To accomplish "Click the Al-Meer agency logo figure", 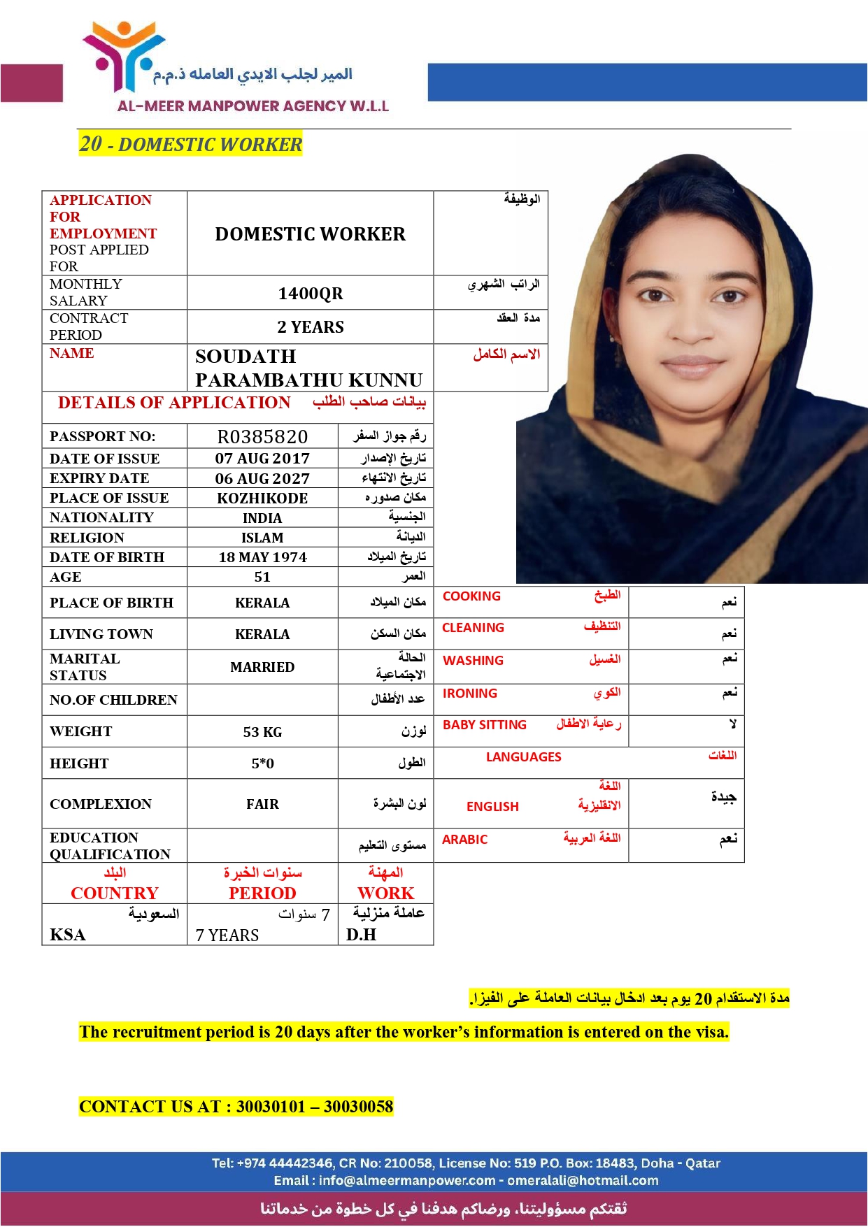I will tap(124, 56).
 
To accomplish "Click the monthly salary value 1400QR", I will tap(311, 294).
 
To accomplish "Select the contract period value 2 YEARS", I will tap(311, 327).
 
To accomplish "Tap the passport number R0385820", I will tap(262, 437).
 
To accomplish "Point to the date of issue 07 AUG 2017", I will tap(262, 459).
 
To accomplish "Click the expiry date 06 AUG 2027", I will tap(262, 479).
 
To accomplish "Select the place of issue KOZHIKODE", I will tap(262, 498).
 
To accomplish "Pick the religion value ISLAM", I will tap(262, 538).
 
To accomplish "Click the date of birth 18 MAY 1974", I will tap(262, 557).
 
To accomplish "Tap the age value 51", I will tap(262, 577).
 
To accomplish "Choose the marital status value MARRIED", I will tap(262, 667).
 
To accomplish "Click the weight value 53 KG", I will tap(262, 732).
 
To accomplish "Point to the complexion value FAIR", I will tap(262, 804).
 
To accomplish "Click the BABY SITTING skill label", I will tap(485, 725).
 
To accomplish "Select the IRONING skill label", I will tap(470, 694).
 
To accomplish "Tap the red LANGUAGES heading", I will tap(523, 757).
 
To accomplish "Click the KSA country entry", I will tap(68, 935).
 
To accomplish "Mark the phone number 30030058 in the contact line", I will tap(358, 1107).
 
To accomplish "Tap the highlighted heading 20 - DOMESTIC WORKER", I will tap(190, 144).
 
